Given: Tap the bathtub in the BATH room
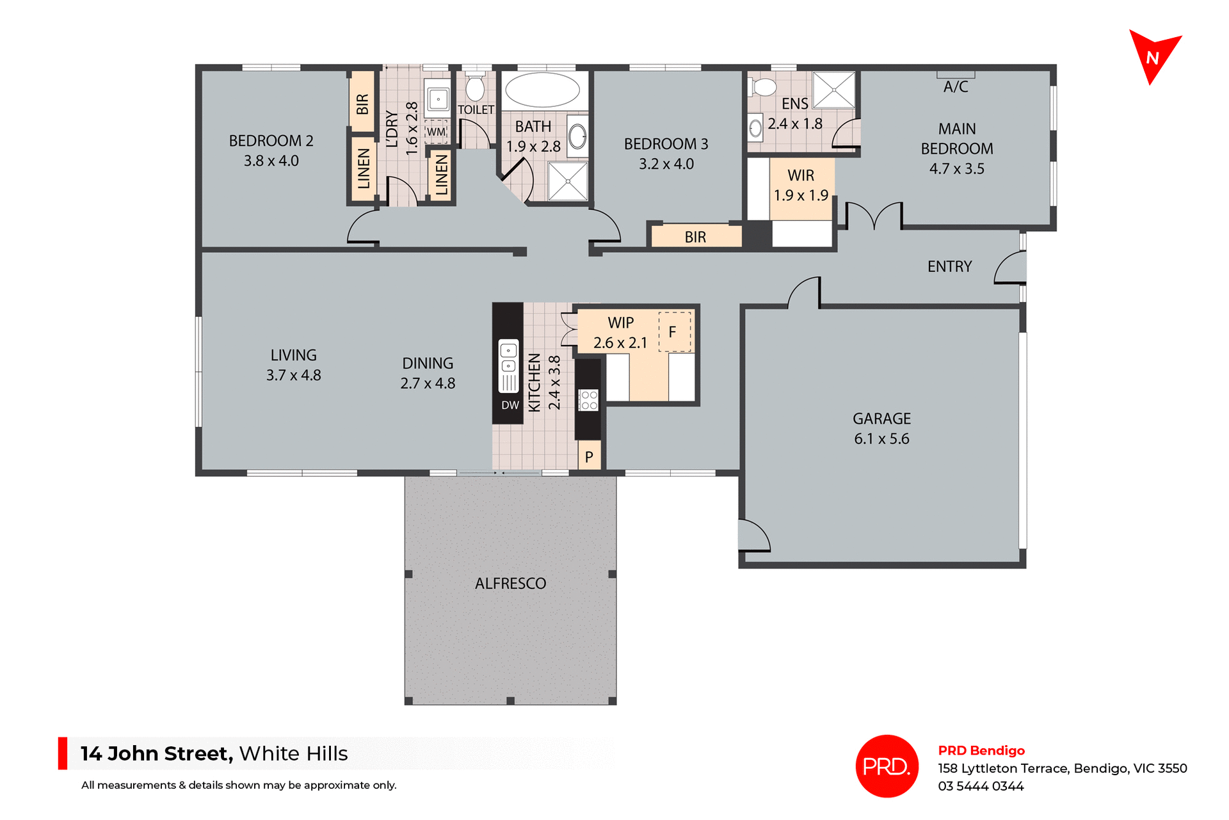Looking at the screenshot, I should [x=542, y=90].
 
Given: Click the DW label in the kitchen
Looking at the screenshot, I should [x=510, y=405].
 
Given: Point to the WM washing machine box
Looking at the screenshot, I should [x=436, y=131].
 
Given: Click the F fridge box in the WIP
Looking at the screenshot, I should [x=674, y=332].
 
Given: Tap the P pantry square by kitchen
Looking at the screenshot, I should [x=589, y=457].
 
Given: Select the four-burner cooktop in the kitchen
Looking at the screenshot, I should [x=588, y=401].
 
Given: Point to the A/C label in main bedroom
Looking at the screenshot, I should [x=956, y=86].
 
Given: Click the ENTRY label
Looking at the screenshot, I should [x=949, y=266].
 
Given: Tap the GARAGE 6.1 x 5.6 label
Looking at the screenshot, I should [x=881, y=428].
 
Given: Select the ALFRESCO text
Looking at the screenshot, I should [x=510, y=583].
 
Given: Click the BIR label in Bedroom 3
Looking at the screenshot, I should [x=695, y=237].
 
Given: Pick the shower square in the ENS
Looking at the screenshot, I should [x=833, y=90].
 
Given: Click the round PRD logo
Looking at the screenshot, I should [x=887, y=766].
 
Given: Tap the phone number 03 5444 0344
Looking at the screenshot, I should [x=981, y=786].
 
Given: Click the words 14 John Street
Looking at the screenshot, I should [x=156, y=753].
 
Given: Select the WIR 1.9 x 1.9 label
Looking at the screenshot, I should [x=801, y=185].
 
